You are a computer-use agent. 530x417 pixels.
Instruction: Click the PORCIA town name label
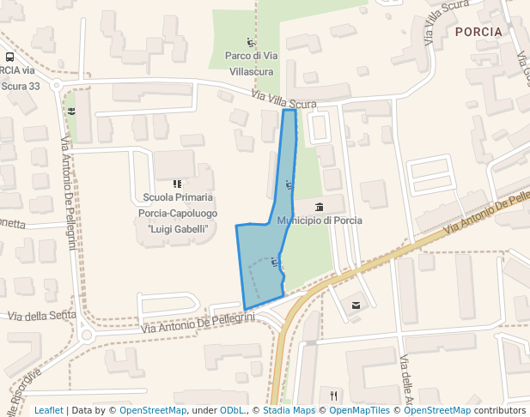click(x=478, y=32)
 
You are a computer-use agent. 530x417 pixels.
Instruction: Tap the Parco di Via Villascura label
click(x=249, y=63)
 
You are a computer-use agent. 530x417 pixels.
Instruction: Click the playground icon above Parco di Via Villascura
click(x=250, y=42)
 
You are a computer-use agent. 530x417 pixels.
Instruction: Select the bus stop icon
click(x=9, y=57)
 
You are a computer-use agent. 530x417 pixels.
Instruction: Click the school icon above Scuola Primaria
click(x=178, y=184)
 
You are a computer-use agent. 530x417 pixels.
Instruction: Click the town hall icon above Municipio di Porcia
click(x=320, y=207)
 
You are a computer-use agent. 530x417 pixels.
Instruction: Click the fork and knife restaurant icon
click(x=333, y=396)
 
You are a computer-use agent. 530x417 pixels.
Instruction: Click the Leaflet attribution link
click(x=48, y=410)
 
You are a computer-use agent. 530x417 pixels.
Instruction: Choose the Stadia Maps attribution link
click(x=289, y=410)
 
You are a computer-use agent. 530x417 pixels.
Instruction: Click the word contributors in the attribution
click(x=500, y=410)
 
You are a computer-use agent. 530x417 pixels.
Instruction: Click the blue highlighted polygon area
click(x=263, y=257)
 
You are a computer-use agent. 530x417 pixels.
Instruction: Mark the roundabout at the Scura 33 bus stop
click(x=57, y=85)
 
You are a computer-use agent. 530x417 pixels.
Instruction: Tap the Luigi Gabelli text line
click(x=178, y=229)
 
